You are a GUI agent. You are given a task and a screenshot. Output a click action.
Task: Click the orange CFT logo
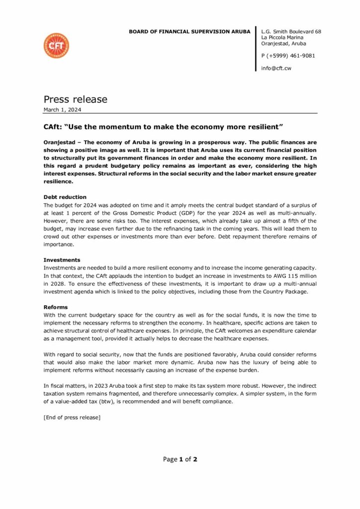tap(56, 46)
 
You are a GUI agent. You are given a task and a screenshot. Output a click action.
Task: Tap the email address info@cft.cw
tap(276, 68)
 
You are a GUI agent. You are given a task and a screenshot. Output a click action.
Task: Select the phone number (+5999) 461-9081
tap(291, 56)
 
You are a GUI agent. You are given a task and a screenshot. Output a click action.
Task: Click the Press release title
tap(75, 99)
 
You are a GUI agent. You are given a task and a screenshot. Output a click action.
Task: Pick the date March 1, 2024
tap(63, 109)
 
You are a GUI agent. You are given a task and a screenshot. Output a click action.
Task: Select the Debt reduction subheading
tap(65, 197)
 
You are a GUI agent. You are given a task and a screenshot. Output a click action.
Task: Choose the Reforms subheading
tap(56, 307)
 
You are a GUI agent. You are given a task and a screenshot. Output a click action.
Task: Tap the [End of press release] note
tap(72, 418)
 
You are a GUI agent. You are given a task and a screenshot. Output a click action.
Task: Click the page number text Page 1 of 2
tap(180, 459)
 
